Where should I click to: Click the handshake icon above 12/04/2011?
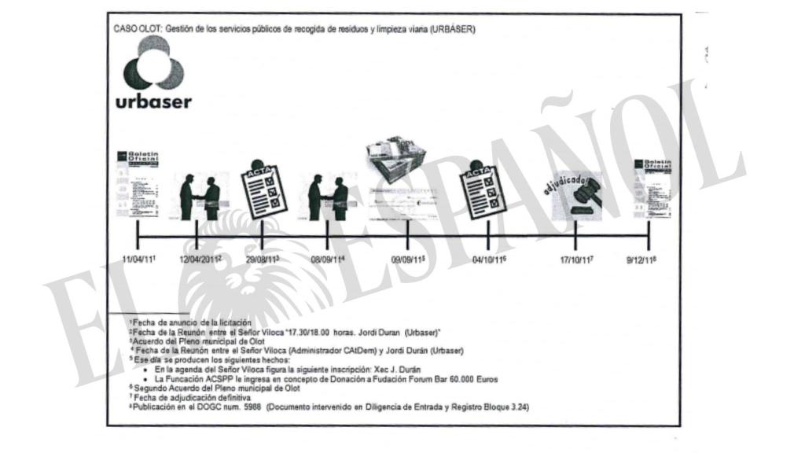[x=200, y=197]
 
